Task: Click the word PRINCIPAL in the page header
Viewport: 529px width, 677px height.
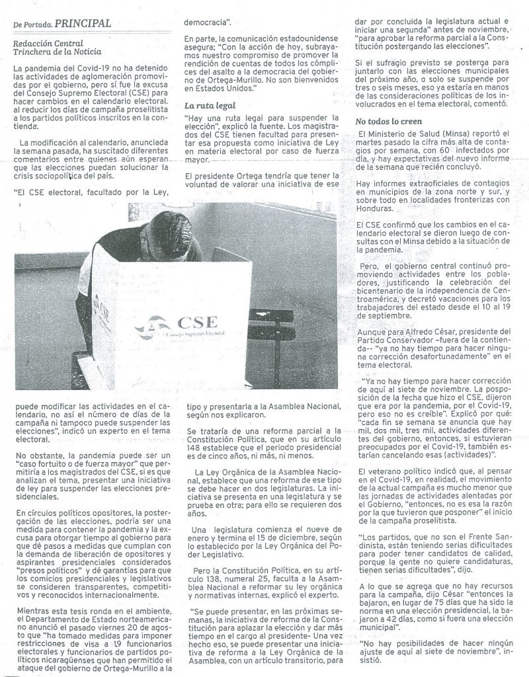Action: pyautogui.click(x=83, y=23)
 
